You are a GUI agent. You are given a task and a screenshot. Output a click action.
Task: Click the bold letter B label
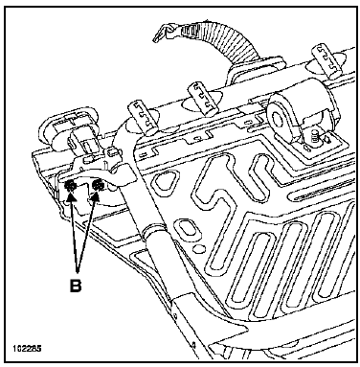(76, 286)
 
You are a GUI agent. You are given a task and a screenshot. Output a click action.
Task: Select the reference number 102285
(27, 348)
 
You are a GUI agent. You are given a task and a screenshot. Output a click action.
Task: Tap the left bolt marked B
(70, 185)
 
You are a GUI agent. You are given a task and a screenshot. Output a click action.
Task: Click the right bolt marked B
(97, 185)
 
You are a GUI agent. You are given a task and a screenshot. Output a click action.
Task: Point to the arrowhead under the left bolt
(72, 197)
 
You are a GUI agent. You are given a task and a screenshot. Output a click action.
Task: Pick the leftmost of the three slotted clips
(143, 118)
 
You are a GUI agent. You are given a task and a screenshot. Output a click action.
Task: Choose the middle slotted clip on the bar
(203, 99)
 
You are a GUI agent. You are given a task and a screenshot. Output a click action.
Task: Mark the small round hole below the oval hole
(200, 248)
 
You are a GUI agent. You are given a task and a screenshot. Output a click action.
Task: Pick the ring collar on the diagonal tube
(154, 230)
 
